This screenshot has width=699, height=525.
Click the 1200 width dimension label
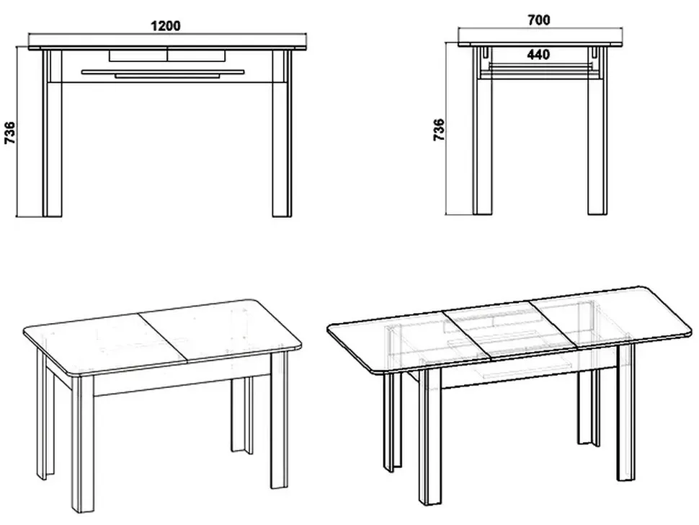coord(166,26)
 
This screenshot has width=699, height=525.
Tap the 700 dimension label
coord(538,20)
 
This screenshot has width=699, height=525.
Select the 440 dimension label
coord(538,54)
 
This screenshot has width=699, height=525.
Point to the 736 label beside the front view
coord(10,133)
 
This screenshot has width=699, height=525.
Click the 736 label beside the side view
coord(439,130)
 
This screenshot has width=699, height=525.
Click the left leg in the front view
coord(52,133)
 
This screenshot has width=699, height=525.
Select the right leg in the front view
coord(282,133)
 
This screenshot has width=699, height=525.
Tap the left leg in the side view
coord(483,131)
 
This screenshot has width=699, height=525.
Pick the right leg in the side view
coord(597,131)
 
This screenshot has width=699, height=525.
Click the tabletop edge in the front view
coord(168,48)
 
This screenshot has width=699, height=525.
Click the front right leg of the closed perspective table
coord(280,418)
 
